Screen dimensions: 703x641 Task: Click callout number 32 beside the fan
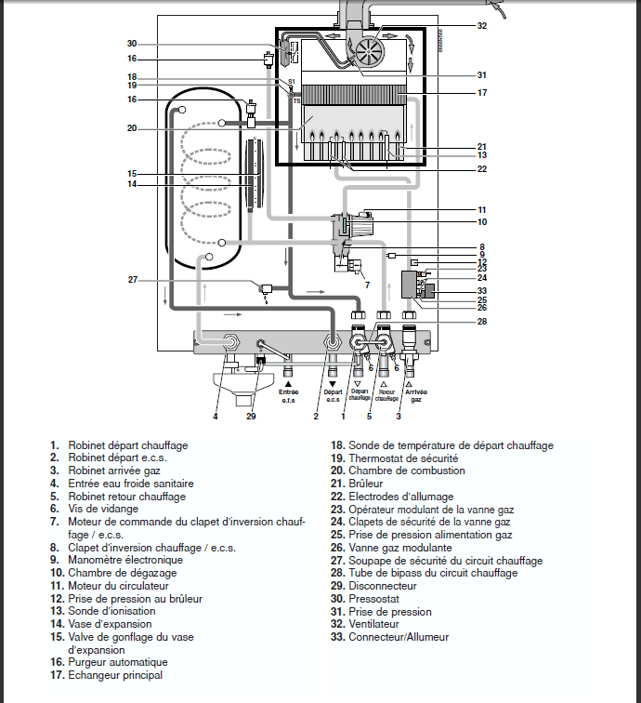481,26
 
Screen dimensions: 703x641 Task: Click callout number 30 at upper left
132,44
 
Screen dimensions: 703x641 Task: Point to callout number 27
132,279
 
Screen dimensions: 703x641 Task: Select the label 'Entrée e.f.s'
289,396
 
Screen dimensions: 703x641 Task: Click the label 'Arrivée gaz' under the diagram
409,396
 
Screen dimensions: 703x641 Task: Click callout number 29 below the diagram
251,416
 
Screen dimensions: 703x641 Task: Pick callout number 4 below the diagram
215,416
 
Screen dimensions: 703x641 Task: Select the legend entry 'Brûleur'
365,484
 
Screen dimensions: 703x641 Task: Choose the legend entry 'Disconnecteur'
382,586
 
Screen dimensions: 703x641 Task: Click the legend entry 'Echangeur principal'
115,675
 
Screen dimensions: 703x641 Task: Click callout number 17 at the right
481,93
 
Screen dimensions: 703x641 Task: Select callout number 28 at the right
481,323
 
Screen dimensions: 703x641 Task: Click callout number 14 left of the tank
132,184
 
